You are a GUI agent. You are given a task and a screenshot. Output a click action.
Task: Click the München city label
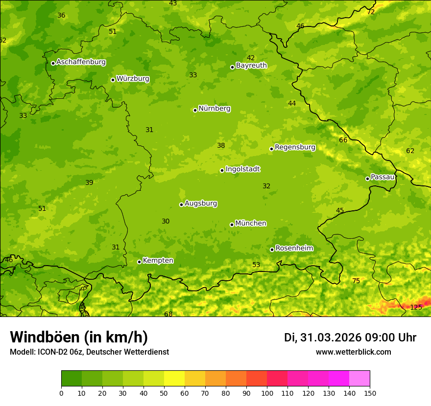pyautogui.click(x=251, y=224)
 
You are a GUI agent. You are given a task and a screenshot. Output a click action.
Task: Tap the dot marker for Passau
pyautogui.click(x=367, y=179)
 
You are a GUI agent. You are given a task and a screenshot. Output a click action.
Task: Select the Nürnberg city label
pyautogui.click(x=214, y=109)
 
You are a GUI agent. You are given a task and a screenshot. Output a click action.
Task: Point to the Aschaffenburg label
pyautogui.click(x=81, y=62)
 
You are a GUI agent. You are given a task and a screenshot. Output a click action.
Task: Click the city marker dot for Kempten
pyautogui.click(x=139, y=262)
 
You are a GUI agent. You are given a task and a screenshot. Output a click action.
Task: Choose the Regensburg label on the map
pyautogui.click(x=295, y=147)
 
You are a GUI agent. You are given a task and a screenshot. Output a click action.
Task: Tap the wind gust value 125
pyautogui.click(x=416, y=307)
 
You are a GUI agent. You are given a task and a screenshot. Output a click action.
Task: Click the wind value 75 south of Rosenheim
pyautogui.click(x=356, y=281)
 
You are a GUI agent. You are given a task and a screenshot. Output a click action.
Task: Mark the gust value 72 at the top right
pyautogui.click(x=371, y=12)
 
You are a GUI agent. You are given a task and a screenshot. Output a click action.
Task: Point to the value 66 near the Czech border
pyautogui.click(x=343, y=140)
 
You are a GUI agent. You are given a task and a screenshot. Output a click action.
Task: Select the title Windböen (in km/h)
pyautogui.click(x=79, y=337)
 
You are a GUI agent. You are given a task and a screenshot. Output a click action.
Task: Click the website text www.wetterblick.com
pyautogui.click(x=353, y=352)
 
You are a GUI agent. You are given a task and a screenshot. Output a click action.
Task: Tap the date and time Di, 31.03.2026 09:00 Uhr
pyautogui.click(x=350, y=338)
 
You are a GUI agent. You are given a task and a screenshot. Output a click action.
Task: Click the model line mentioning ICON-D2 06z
pyautogui.click(x=89, y=352)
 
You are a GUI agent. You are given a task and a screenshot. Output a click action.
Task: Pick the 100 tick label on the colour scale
pyautogui.click(x=267, y=393)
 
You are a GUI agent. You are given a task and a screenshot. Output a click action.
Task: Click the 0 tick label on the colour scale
pyautogui.click(x=61, y=393)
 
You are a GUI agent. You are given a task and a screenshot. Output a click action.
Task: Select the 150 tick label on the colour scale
pyautogui.click(x=370, y=393)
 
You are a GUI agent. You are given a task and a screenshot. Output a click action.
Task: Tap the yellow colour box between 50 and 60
pyautogui.click(x=174, y=379)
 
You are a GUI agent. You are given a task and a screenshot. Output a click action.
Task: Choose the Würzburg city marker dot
pyautogui.click(x=113, y=80)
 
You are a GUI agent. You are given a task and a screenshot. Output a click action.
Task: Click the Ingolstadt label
pyautogui.click(x=242, y=169)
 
